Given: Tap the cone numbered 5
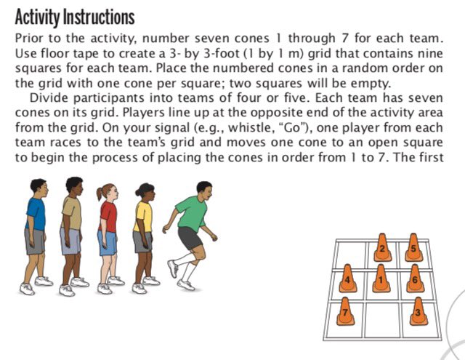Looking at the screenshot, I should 414,249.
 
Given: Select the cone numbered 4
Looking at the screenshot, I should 348,281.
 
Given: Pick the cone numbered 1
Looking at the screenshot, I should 381,279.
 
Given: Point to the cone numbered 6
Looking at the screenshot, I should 416,279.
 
